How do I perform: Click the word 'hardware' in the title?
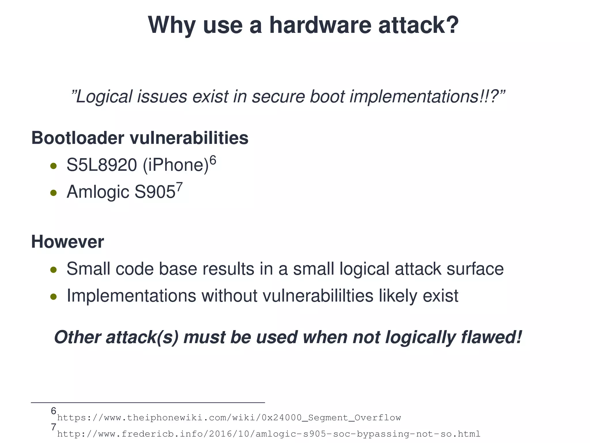point(320,25)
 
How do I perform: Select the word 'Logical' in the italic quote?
point(104,97)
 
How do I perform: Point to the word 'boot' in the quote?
point(327,97)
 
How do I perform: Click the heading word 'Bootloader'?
point(78,138)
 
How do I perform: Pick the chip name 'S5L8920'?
point(102,165)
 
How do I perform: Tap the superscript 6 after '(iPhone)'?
point(213,160)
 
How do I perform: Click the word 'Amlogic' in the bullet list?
point(98,192)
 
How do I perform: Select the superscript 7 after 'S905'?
point(179,187)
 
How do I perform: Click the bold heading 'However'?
point(67,242)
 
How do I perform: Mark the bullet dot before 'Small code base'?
point(53,270)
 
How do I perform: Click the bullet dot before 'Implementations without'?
point(53,296)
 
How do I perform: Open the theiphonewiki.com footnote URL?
point(229,418)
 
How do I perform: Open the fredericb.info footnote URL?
point(268,434)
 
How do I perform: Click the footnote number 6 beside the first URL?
point(54,411)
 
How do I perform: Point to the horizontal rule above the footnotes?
point(148,402)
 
